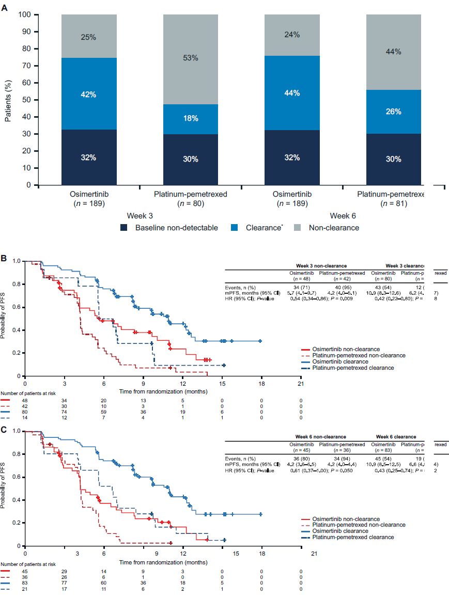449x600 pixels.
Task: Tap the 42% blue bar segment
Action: click(88, 94)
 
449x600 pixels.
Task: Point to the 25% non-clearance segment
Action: click(88, 37)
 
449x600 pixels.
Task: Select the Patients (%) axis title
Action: click(9, 100)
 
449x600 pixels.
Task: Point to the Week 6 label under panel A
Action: click(343, 215)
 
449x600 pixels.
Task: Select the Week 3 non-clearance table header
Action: click(317, 265)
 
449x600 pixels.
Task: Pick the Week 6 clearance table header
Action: click(396, 437)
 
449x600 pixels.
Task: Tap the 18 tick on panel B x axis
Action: click(261, 384)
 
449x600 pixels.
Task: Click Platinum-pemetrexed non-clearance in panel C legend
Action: click(354, 525)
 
